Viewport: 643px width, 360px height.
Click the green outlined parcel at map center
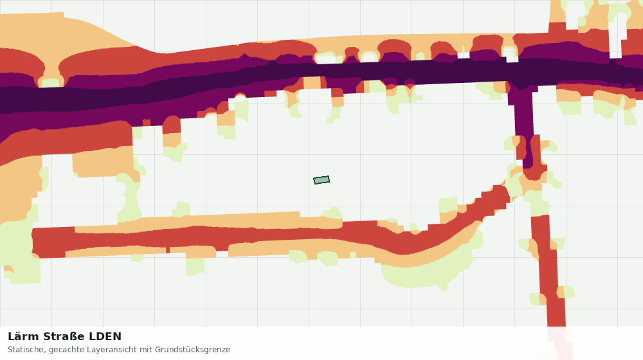click(x=321, y=180)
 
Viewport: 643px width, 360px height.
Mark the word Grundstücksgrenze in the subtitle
click(x=193, y=350)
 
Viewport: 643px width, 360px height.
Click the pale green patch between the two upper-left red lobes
click(x=51, y=83)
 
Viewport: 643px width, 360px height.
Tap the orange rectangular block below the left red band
click(x=102, y=162)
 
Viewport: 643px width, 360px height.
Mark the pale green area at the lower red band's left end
click(x=19, y=252)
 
